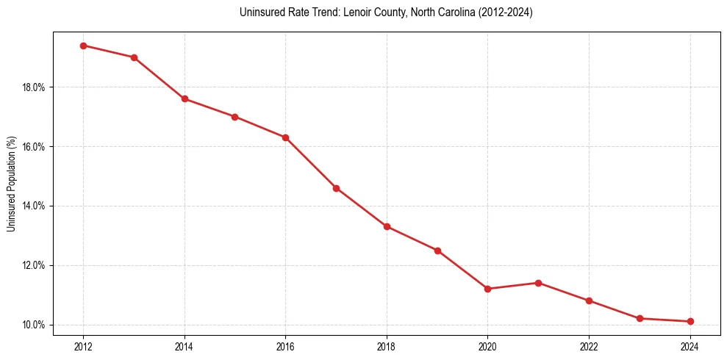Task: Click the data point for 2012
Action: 83,46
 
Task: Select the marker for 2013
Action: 134,57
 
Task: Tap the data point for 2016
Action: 285,137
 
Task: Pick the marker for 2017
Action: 336,188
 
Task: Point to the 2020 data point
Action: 487,289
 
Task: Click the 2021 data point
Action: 538,283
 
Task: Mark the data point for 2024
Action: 690,321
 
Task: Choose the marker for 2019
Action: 437,251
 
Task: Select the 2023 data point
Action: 640,318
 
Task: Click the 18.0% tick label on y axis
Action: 35,87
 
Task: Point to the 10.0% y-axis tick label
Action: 35,325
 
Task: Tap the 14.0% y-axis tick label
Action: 35,206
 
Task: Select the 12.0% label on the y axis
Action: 35,265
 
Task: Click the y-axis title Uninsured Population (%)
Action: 11,184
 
